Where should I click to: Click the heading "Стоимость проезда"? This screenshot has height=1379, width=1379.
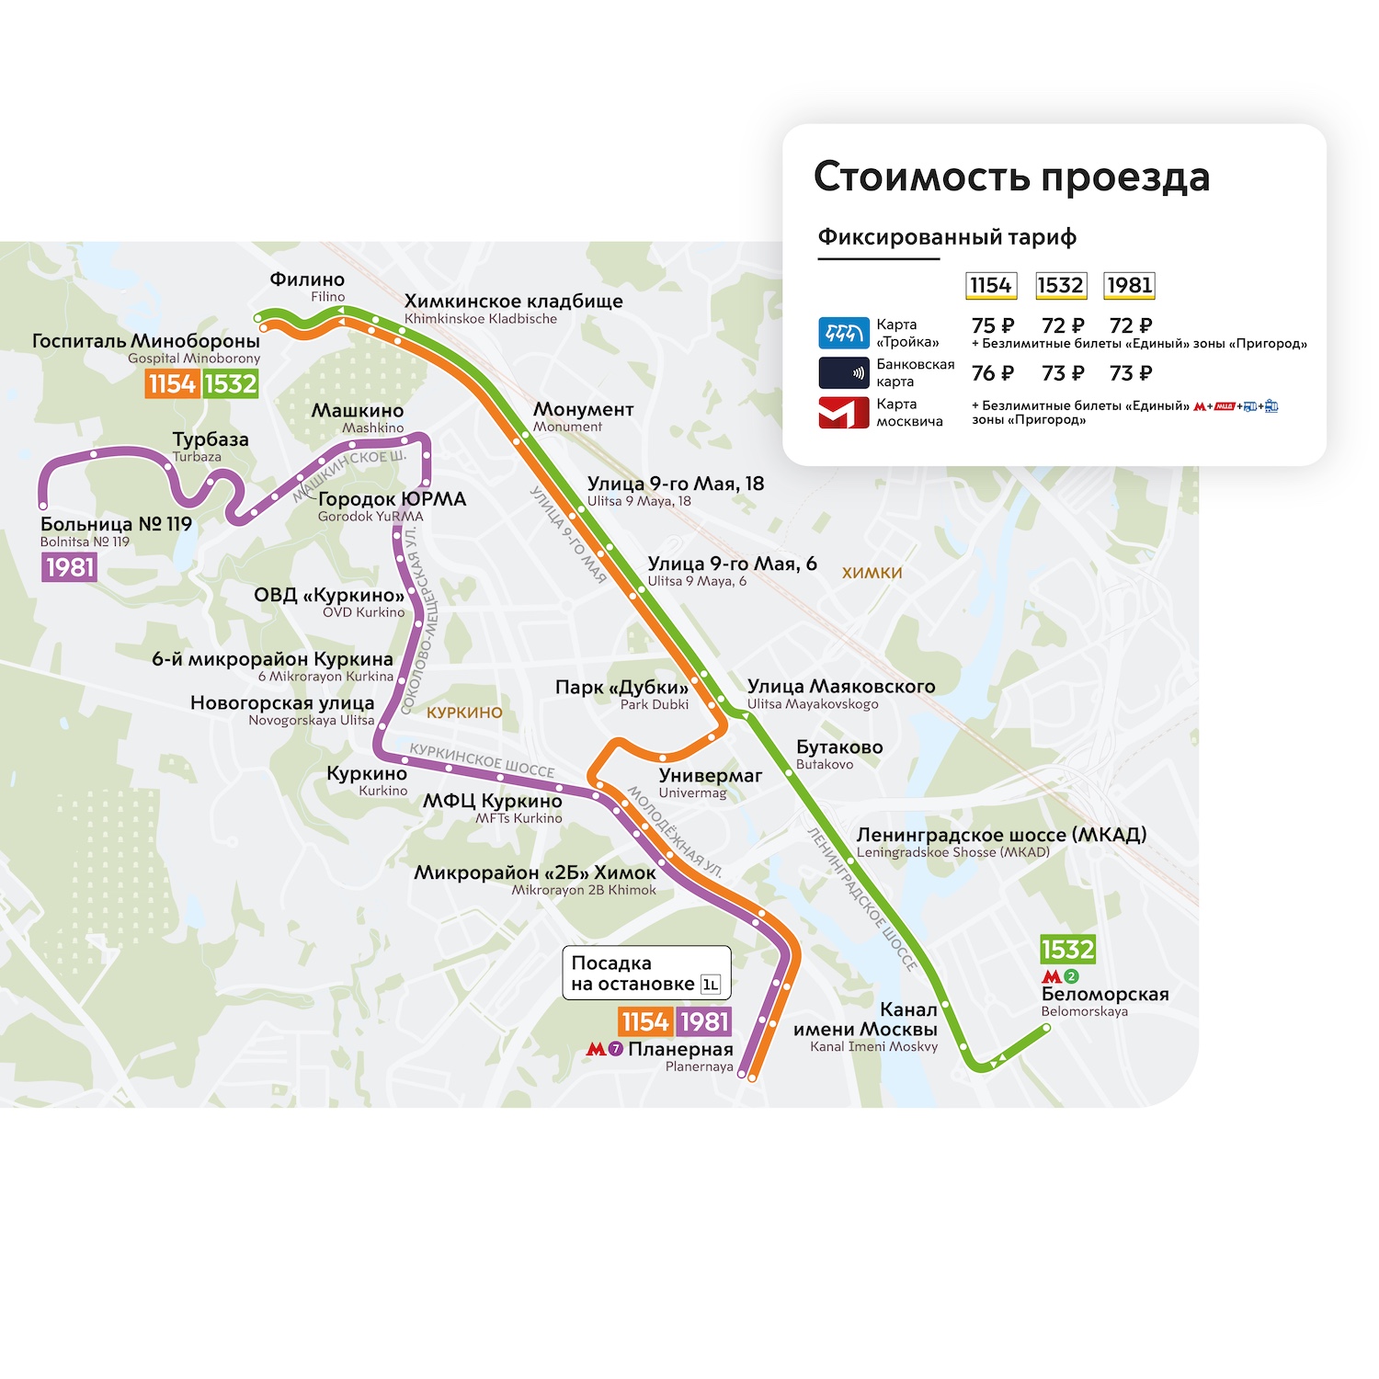[1011, 177]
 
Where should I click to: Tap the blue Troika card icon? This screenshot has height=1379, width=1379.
[843, 333]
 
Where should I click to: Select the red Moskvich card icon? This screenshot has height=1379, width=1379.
[843, 413]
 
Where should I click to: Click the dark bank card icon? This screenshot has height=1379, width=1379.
[843, 372]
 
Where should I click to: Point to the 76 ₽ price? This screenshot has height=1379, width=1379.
[992, 373]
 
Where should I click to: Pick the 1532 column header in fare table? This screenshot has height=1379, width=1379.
[1060, 286]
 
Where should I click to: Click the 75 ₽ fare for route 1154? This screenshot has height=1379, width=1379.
[992, 325]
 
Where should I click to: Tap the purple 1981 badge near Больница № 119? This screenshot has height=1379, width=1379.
[70, 567]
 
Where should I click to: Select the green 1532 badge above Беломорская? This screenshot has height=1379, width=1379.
[1067, 949]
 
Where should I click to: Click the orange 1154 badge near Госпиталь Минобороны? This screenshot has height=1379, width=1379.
[172, 383]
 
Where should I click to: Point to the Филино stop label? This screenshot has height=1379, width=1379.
[307, 279]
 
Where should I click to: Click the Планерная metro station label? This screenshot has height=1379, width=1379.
[679, 1049]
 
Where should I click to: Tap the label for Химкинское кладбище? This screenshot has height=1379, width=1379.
[513, 302]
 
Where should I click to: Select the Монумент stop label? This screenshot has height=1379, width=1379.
[583, 409]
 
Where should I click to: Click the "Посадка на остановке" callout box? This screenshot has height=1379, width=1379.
[646, 974]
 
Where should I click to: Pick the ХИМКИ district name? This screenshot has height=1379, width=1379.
[872, 573]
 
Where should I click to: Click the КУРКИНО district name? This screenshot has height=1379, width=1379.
[464, 712]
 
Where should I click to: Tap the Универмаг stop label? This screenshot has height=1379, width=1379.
[710, 776]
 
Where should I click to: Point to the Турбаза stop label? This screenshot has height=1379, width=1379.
[211, 439]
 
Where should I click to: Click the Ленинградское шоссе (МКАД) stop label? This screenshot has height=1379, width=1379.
[1000, 835]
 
